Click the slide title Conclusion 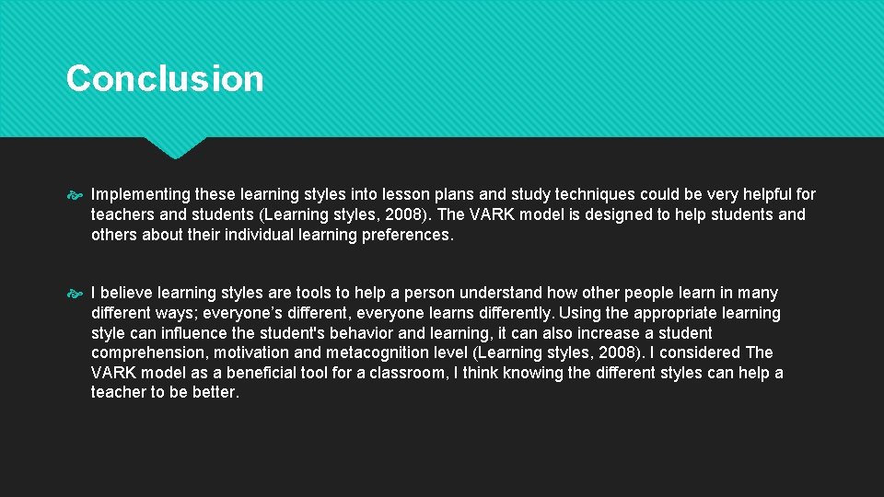165,78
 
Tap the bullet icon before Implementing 76,195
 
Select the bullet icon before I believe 76,294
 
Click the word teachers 122,214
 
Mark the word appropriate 676,313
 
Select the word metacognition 376,353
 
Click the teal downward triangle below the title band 175,146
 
